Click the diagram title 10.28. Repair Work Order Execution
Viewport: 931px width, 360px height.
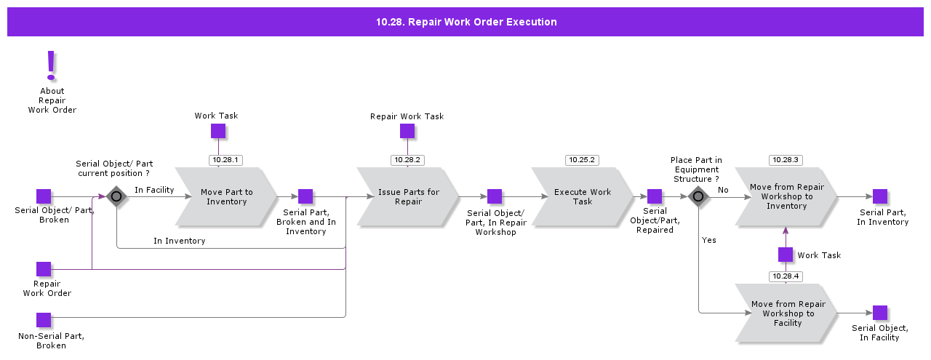pos(465,22)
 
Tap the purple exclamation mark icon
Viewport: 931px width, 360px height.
pos(51,65)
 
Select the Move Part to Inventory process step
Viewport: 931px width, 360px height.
pos(226,196)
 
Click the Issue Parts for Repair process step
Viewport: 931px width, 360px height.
pos(408,196)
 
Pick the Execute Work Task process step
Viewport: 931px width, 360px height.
pos(583,196)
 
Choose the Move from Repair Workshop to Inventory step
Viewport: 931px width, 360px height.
pos(786,196)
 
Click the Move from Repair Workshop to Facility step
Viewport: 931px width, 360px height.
pos(786,313)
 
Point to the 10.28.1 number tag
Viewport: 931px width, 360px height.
pos(225,159)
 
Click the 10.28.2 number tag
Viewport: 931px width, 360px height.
pos(407,159)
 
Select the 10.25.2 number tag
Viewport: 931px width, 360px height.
pos(582,159)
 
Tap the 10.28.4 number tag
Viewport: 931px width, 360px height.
pos(786,276)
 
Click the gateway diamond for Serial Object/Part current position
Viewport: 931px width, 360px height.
pos(116,196)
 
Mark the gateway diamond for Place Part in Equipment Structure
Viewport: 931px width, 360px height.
pos(698,196)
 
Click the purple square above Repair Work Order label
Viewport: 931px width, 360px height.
pos(44,269)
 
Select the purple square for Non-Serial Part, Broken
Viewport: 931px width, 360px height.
pos(44,320)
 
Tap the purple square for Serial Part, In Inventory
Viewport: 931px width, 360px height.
pos(880,196)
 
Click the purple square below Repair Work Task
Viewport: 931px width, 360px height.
pos(407,131)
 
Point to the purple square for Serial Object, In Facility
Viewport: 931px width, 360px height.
pos(880,313)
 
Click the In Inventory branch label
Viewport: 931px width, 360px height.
pos(179,241)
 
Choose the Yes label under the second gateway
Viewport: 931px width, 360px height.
pos(709,240)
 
